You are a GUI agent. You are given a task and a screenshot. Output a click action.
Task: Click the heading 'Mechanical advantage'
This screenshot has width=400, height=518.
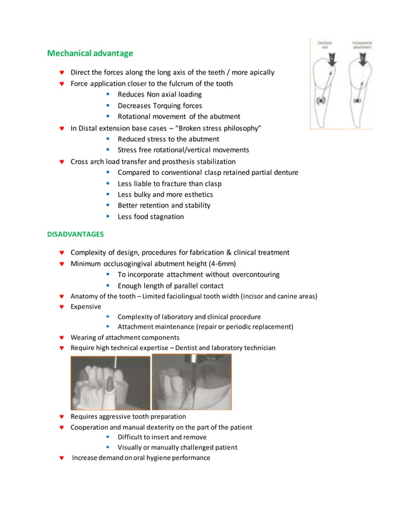click(x=90, y=53)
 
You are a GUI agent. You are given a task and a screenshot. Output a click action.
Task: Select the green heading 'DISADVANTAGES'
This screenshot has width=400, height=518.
click(x=76, y=234)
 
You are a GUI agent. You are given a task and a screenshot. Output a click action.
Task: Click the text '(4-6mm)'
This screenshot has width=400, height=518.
click(x=223, y=263)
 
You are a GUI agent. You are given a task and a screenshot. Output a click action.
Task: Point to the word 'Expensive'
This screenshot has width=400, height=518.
click(x=86, y=307)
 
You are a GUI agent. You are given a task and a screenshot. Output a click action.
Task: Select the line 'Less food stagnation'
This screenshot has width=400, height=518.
click(x=150, y=216)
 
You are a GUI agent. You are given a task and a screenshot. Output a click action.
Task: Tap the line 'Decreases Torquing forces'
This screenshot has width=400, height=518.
click(x=160, y=105)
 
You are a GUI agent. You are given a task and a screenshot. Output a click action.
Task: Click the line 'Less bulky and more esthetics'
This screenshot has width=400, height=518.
click(x=165, y=194)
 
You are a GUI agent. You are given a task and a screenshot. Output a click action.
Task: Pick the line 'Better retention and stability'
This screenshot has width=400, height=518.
click(x=164, y=205)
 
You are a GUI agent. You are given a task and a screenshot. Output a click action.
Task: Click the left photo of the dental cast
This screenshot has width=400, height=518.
click(x=110, y=383)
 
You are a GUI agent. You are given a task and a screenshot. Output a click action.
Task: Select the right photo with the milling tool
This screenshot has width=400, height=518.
click(x=192, y=382)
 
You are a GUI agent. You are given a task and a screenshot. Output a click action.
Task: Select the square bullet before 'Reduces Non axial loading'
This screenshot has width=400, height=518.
click(x=108, y=94)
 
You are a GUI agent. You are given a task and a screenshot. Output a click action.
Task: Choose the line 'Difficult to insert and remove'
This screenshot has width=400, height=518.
click(x=162, y=437)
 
